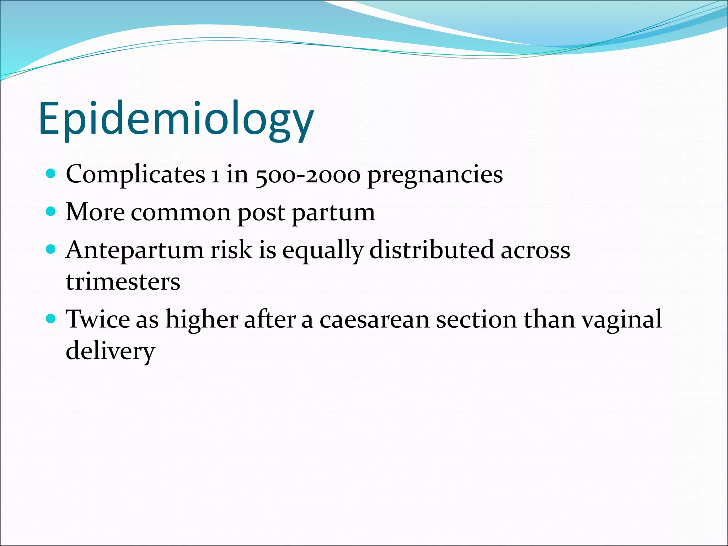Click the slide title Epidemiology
[x=176, y=119]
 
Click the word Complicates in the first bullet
[x=135, y=175]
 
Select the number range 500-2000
[x=308, y=175]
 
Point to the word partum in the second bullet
[x=333, y=213]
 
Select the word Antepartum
[x=134, y=250]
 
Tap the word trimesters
[x=123, y=282]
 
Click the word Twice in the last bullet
[x=98, y=319]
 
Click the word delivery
[x=110, y=351]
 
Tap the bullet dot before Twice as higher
[x=51, y=318]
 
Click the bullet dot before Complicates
[x=51, y=174]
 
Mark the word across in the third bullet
[x=535, y=250]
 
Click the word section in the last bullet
[x=476, y=319]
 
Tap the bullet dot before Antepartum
[x=51, y=249]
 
